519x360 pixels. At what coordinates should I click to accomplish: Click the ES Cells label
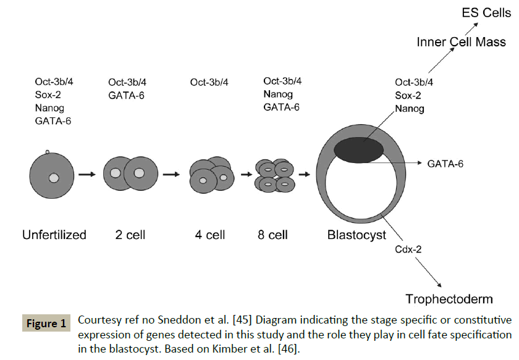[487, 12]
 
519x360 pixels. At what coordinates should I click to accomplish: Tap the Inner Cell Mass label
[461, 43]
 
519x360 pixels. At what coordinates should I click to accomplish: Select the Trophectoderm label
[449, 299]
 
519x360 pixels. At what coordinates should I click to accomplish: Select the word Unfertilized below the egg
[54, 235]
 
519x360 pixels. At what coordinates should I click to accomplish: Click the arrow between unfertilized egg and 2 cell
[87, 175]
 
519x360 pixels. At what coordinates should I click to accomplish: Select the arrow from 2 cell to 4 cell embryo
[169, 175]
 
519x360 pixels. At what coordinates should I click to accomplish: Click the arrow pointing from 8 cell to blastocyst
[303, 175]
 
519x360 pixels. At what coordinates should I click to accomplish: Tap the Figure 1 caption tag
[45, 324]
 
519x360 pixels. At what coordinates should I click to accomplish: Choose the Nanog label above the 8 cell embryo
[278, 94]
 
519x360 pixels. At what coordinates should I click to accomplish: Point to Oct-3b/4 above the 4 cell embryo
[209, 82]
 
